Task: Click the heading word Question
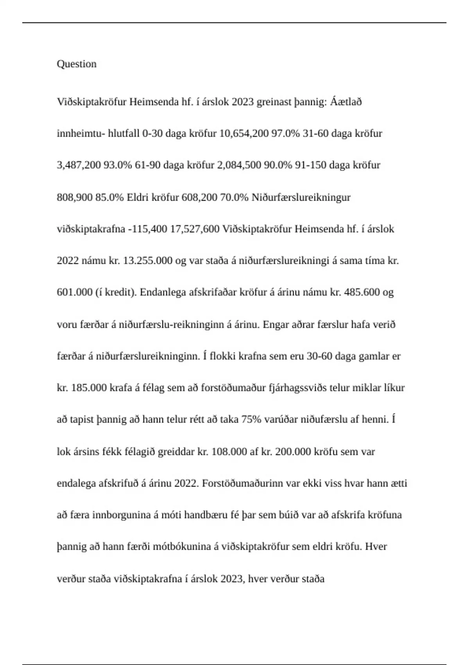click(x=77, y=64)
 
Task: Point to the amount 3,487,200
click(x=79, y=165)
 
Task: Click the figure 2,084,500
click(x=239, y=165)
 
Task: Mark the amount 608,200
click(x=199, y=197)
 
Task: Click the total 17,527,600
click(x=195, y=229)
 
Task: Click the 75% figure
click(x=251, y=419)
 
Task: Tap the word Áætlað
click(x=346, y=102)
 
